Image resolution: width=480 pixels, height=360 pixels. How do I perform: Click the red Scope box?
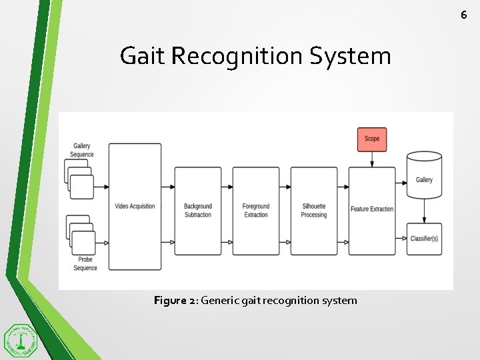tap(372, 139)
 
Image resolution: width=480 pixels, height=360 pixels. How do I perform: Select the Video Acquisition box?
tap(135, 207)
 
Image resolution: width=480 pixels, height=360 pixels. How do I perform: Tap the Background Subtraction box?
tap(197, 211)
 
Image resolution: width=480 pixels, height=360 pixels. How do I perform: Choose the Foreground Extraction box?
tap(255, 211)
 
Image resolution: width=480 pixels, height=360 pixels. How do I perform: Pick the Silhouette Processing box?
tap(313, 211)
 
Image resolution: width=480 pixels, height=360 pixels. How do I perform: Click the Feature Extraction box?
tap(372, 211)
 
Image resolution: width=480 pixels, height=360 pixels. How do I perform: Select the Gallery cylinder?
tap(424, 176)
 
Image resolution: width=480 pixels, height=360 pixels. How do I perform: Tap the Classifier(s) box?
tap(424, 239)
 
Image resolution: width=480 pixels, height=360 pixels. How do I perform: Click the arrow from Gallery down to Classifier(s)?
tap(424, 212)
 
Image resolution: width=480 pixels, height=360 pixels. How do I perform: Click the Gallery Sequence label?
tap(82, 150)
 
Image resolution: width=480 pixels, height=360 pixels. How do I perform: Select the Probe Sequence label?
tap(85, 264)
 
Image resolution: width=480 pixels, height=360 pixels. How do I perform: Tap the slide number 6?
tap(464, 14)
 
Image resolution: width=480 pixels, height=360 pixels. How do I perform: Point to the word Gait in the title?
tap(142, 56)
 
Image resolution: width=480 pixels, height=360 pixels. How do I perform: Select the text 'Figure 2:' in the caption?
tap(175, 301)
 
